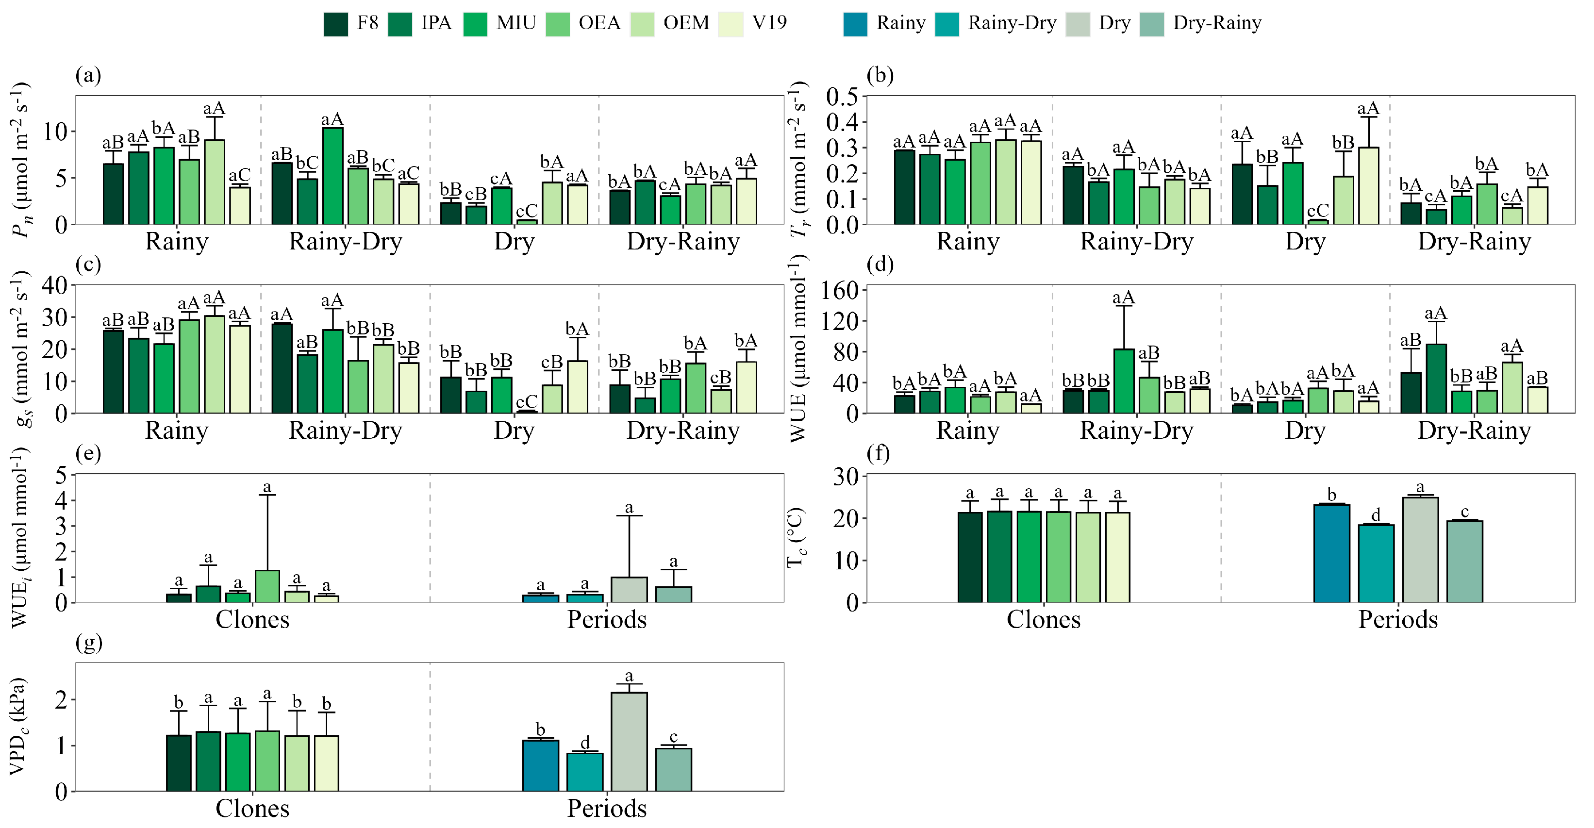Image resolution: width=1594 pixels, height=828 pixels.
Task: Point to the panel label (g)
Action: pyautogui.click(x=88, y=643)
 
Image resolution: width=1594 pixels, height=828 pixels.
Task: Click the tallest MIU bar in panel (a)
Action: pyautogui.click(x=333, y=176)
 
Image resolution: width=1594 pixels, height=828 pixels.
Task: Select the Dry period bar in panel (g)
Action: pyautogui.click(x=629, y=741)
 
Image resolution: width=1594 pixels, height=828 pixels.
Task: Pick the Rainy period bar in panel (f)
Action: pyautogui.click(x=1331, y=553)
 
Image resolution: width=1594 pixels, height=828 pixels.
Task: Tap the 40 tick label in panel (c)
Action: pyautogui.click(x=54, y=285)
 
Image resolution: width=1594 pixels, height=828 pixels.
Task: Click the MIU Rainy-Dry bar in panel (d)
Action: pyautogui.click(x=1124, y=381)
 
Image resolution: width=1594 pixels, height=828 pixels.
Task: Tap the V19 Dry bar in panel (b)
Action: pyautogui.click(x=1368, y=186)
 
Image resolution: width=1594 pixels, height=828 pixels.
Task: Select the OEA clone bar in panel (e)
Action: pyautogui.click(x=267, y=586)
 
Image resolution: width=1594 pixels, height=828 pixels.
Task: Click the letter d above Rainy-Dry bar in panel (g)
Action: pyautogui.click(x=585, y=743)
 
